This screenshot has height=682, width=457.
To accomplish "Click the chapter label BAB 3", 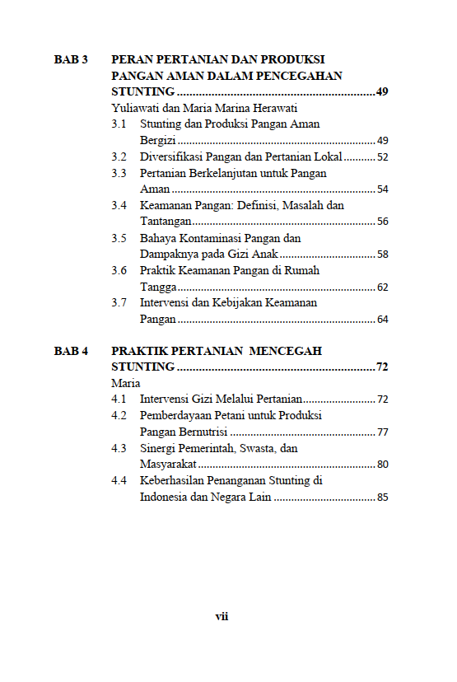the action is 71,59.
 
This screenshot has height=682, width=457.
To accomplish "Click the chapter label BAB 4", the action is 71,351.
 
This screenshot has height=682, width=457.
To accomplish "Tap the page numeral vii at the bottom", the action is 222,616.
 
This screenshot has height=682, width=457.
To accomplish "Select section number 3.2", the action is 119,156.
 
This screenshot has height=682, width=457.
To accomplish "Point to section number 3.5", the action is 119,238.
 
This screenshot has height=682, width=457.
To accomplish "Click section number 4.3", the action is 119,448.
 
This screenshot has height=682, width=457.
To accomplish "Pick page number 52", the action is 382,156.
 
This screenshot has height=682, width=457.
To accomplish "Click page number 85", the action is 382,497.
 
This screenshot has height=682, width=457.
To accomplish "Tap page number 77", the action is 382,432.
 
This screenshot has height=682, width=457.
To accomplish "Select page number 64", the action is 382,320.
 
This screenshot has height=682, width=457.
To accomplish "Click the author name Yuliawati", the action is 135,108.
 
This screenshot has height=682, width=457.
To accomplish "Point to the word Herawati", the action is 273,108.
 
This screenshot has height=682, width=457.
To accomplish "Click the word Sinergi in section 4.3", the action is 158,448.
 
